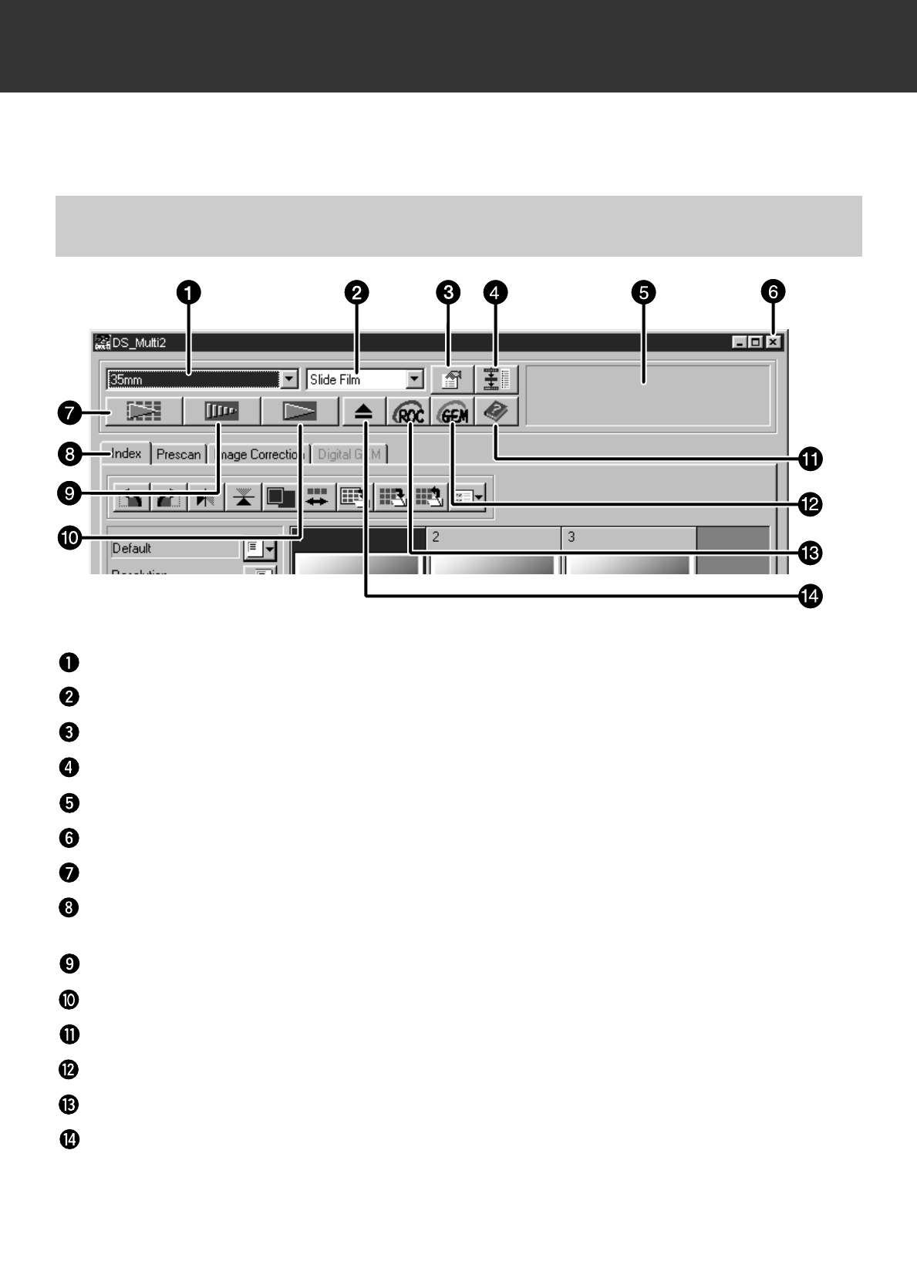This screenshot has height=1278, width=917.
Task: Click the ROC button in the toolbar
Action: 410,412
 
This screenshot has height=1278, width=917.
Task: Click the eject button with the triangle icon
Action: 364,412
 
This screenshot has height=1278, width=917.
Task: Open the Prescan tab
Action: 178,455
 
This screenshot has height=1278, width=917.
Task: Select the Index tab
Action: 126,454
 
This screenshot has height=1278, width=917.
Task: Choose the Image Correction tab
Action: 258,455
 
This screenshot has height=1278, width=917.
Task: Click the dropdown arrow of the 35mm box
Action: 289,379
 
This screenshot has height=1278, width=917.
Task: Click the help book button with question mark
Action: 497,412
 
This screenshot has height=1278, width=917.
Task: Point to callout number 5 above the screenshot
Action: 642,293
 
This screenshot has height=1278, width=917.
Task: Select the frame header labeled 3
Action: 628,537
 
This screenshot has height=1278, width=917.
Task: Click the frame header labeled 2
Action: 494,537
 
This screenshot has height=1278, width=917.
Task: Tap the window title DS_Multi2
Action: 139,342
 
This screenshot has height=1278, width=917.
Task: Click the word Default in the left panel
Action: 132,549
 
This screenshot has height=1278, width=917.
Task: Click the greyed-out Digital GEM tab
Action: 349,455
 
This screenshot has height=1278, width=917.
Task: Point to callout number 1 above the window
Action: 188,293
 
